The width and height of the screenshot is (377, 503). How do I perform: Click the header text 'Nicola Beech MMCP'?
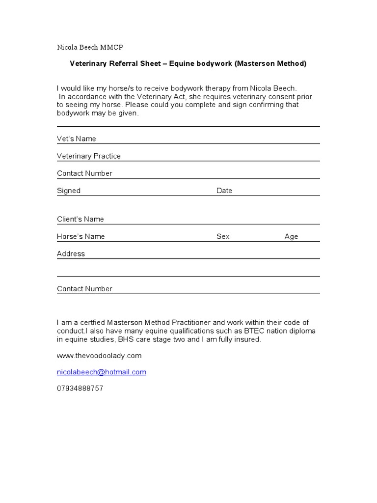pos(90,47)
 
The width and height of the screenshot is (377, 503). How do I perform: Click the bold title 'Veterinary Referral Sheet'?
pos(115,63)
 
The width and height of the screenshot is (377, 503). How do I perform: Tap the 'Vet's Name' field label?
pos(77,139)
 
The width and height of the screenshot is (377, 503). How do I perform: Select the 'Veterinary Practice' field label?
pos(89,156)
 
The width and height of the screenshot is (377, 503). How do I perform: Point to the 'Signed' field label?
pos(69,191)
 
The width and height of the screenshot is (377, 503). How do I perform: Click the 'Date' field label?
pos(224,191)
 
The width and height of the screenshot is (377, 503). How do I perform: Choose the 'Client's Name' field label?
pos(81,219)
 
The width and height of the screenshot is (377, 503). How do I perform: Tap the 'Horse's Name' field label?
pos(81,236)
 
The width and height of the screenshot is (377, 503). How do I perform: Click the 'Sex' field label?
pos(223,236)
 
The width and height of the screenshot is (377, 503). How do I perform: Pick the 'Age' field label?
pos(291,236)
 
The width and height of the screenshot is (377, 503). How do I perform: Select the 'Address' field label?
pos(71,253)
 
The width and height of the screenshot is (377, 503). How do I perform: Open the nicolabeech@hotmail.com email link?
pos(102,372)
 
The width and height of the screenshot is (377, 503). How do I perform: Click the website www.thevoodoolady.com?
pos(99,355)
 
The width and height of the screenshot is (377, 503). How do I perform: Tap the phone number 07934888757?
pos(80,388)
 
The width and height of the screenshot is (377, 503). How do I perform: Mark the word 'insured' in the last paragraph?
pos(248,339)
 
